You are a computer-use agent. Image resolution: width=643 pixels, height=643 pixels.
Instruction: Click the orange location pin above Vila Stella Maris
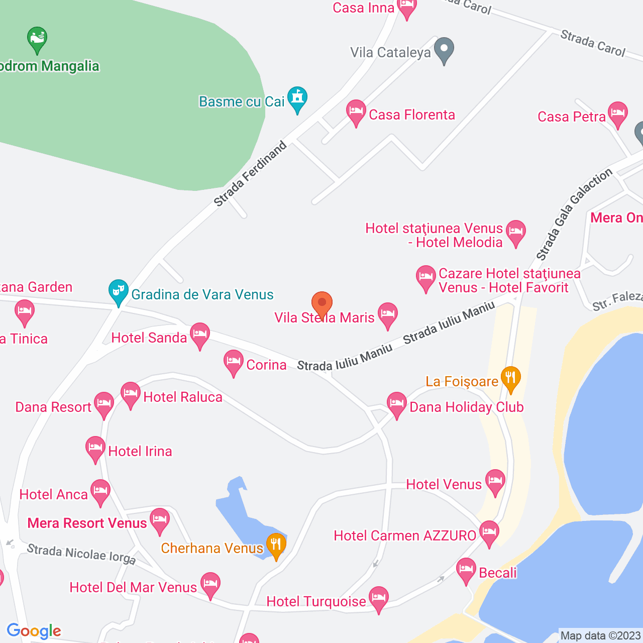click(322, 303)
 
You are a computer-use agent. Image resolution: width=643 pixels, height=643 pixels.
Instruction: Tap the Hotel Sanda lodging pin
click(200, 334)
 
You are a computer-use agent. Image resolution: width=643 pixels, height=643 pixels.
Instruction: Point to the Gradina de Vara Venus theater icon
click(119, 291)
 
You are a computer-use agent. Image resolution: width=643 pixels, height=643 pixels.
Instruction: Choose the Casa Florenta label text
click(412, 115)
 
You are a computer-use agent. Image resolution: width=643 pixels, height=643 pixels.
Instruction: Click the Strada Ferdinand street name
click(250, 174)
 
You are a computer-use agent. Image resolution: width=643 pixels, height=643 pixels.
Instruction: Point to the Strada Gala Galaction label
click(574, 215)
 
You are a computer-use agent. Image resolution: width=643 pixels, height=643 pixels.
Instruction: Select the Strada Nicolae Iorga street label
click(81, 554)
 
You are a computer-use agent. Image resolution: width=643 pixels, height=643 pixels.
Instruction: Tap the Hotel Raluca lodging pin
click(131, 394)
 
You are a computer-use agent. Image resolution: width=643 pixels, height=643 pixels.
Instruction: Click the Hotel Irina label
click(140, 452)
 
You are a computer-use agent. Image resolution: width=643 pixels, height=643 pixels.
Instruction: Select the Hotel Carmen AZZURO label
click(405, 536)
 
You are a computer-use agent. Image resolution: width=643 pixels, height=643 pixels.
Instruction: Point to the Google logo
click(34, 631)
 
